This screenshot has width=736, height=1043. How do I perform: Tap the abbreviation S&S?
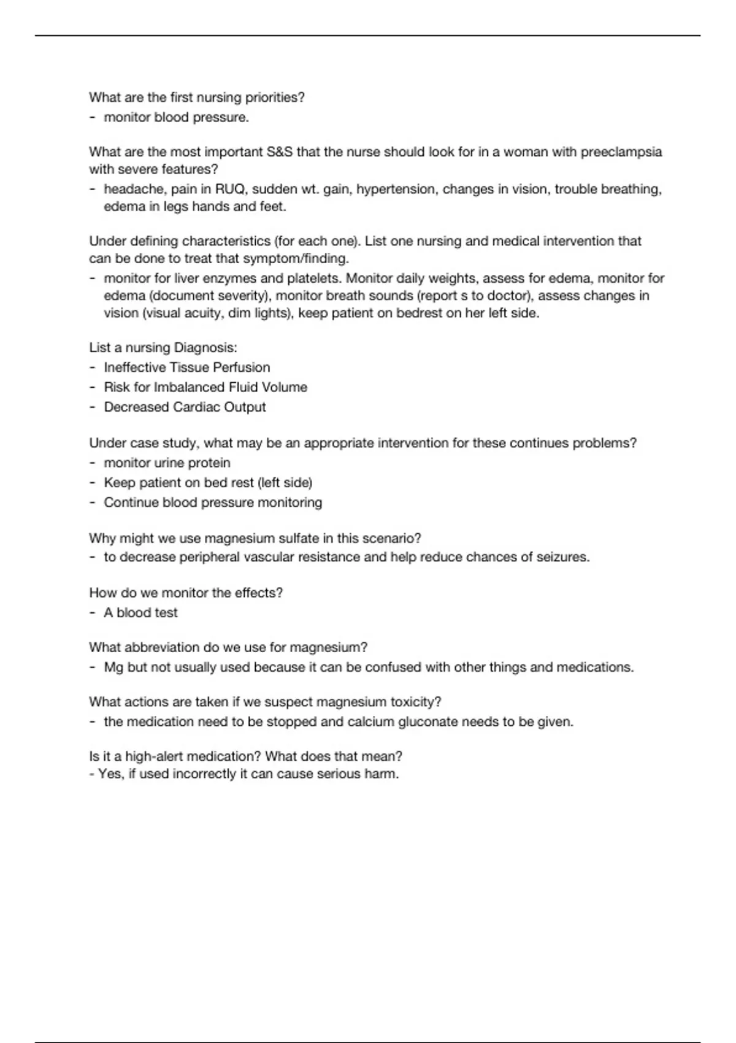point(280,152)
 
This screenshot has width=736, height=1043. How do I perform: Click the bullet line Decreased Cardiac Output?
point(185,407)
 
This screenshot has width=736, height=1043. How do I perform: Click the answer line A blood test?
point(140,613)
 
